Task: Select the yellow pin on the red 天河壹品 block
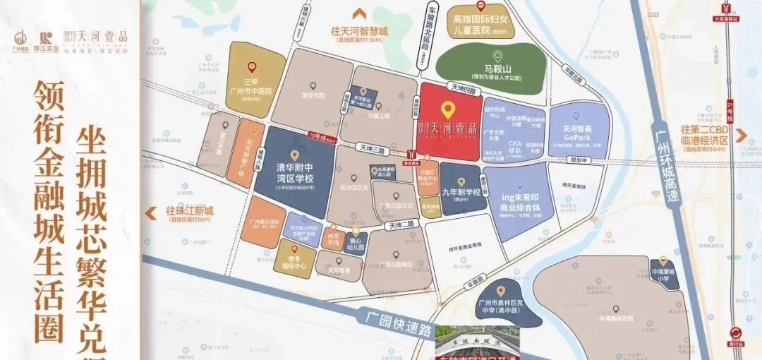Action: click(446, 110)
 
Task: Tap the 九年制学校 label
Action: click(461, 193)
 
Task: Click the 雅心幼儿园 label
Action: click(355, 244)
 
